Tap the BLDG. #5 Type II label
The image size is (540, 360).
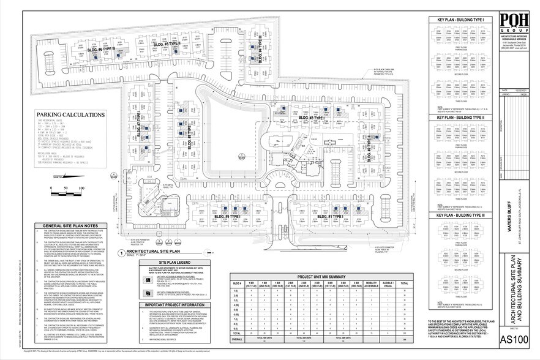(166, 43)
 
